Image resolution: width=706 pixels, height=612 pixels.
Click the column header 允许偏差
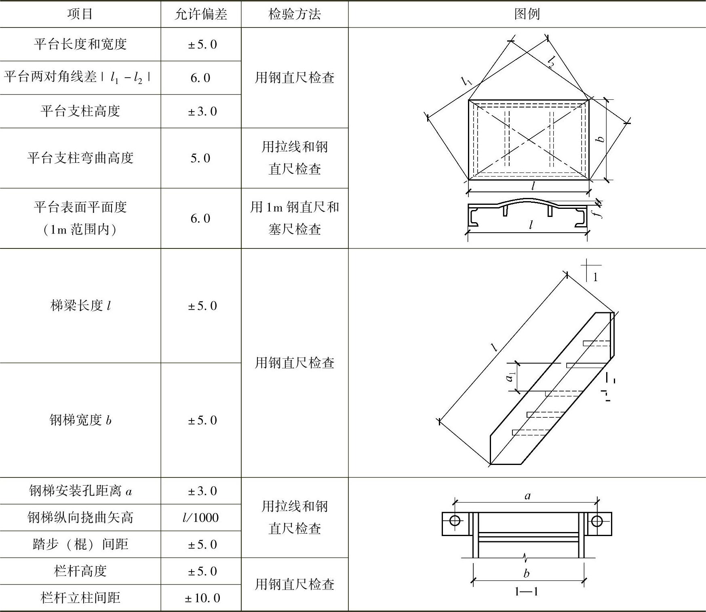(x=201, y=14)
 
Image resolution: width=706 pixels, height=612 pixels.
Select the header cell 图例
(x=527, y=14)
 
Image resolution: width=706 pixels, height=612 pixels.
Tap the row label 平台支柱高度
(x=80, y=111)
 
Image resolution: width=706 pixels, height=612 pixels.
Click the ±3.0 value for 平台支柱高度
(x=202, y=111)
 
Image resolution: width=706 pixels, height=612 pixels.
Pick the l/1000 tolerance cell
(x=200, y=517)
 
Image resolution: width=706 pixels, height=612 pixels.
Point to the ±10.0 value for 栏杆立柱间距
(x=202, y=598)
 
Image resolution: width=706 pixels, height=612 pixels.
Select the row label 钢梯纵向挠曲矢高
(x=80, y=517)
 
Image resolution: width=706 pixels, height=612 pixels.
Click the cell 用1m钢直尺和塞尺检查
(x=295, y=218)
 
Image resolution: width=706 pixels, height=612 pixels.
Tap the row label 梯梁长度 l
(x=80, y=306)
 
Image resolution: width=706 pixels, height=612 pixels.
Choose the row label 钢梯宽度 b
(x=80, y=420)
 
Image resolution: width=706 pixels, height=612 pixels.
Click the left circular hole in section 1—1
(x=455, y=521)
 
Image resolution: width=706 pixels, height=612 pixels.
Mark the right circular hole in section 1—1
(x=597, y=521)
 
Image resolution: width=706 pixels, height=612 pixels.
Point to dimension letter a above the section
(x=527, y=496)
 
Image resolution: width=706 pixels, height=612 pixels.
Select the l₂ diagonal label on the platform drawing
(x=551, y=61)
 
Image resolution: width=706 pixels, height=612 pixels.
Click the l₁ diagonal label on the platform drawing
(x=467, y=81)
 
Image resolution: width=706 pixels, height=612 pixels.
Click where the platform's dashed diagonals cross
(x=529, y=140)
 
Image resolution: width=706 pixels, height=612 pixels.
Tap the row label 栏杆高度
(x=80, y=571)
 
